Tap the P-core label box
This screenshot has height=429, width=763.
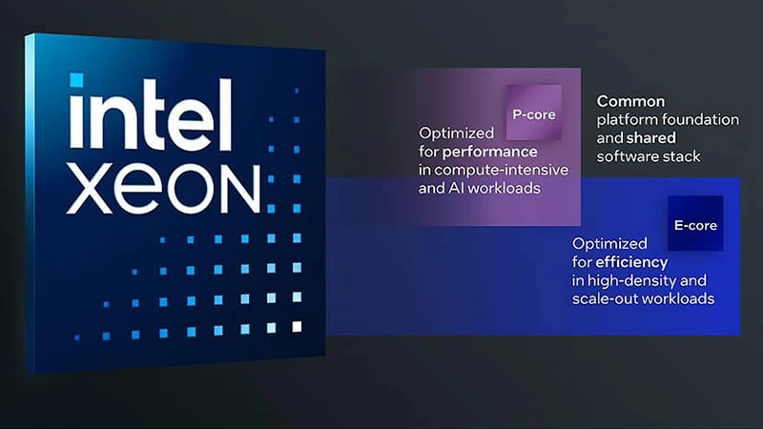[533, 113]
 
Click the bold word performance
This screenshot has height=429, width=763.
[489, 152]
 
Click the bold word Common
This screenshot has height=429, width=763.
[631, 100]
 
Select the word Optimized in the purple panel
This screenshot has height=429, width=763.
[456, 133]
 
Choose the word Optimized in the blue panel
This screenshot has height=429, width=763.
[608, 243]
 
